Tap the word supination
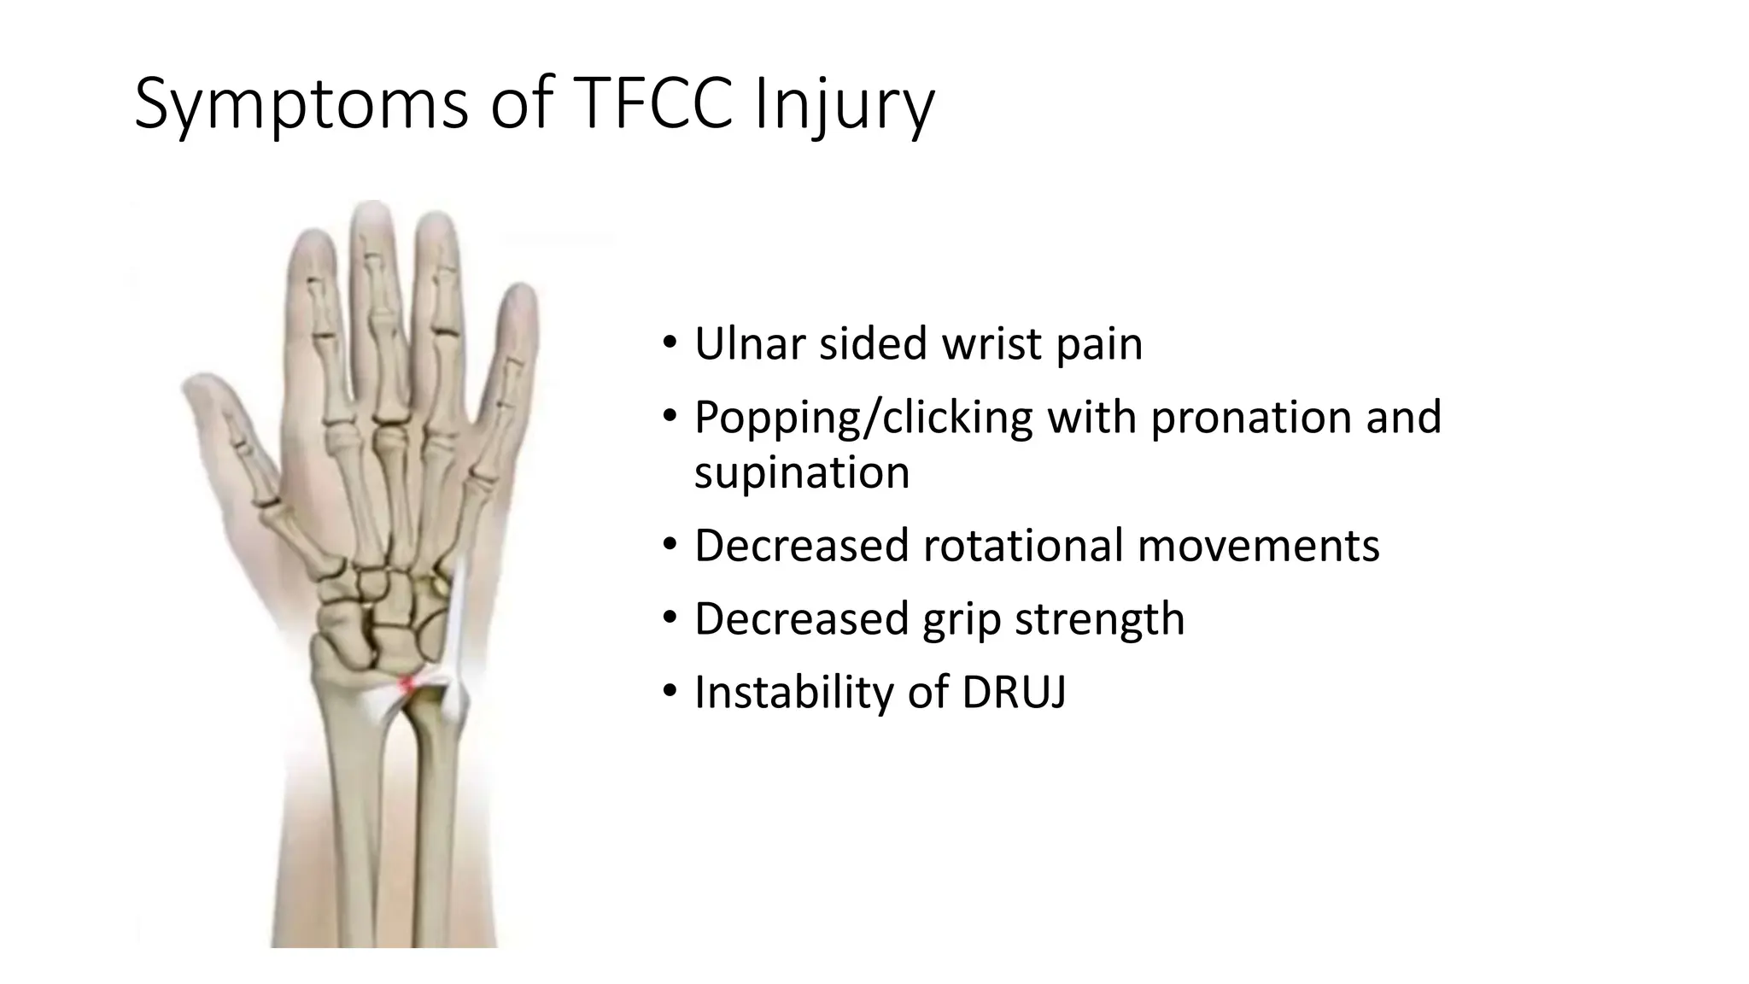coord(802,472)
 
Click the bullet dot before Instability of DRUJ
coord(670,691)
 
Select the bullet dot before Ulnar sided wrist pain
coord(670,343)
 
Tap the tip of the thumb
coord(191,382)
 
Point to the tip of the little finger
coord(522,295)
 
